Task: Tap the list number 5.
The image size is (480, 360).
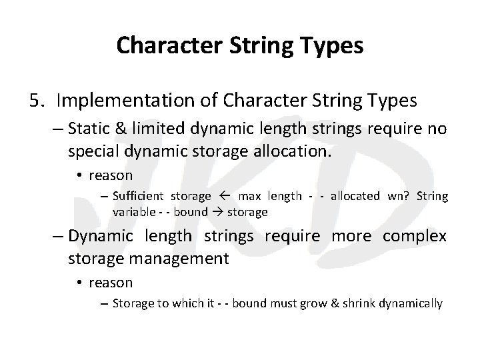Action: pyautogui.click(x=37, y=101)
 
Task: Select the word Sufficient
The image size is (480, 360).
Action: pyautogui.click(x=139, y=196)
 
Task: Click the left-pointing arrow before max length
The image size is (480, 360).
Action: pyautogui.click(x=224, y=196)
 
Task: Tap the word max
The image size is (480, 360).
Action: pyautogui.click(x=249, y=196)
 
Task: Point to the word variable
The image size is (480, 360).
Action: pyautogui.click(x=133, y=212)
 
